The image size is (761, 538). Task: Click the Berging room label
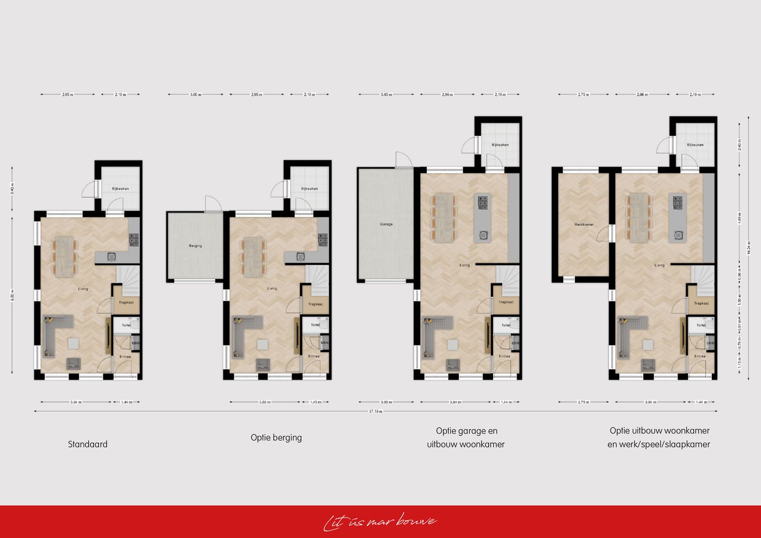click(195, 246)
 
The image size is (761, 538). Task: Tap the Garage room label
click(386, 224)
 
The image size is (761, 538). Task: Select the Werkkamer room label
click(583, 224)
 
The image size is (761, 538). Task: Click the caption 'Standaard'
click(88, 444)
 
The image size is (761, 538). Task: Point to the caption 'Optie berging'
click(276, 438)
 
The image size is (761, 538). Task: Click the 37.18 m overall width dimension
click(375, 411)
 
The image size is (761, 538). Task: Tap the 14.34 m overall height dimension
click(748, 247)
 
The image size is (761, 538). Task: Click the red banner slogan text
click(380, 522)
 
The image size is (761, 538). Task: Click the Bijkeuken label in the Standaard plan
click(120, 189)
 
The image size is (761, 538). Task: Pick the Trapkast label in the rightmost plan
click(701, 303)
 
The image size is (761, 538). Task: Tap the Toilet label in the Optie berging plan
click(315, 325)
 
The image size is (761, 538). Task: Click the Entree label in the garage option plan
click(505, 356)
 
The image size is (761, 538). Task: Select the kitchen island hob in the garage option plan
click(483, 200)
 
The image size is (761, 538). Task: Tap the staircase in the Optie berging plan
click(317, 280)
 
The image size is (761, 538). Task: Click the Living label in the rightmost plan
click(660, 265)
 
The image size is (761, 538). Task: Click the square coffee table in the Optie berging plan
click(262, 344)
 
